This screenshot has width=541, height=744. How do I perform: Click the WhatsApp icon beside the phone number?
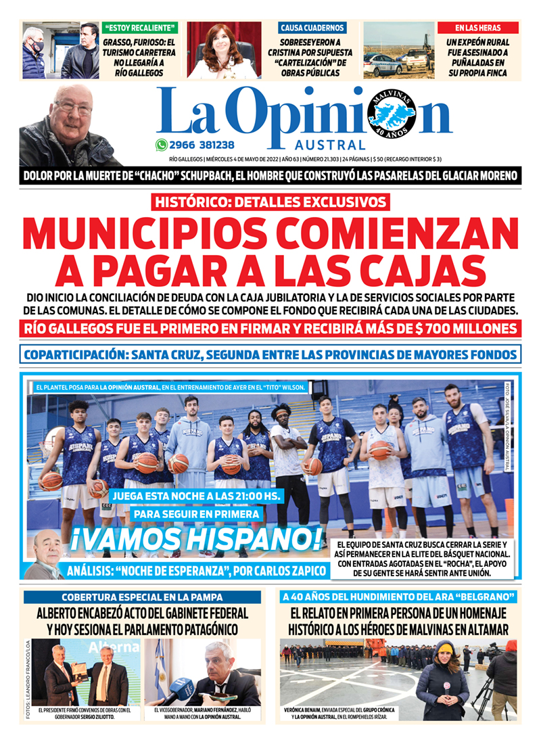point(161,145)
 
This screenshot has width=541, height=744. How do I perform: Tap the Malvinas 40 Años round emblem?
point(392,112)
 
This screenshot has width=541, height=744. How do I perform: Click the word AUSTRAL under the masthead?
point(330,145)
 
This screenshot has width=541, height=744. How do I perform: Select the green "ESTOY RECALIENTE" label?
point(141,28)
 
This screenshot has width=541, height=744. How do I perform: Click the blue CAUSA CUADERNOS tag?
point(312,28)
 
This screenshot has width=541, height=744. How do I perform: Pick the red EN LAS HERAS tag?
point(477,28)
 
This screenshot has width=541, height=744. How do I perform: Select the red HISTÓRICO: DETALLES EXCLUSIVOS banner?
point(270,202)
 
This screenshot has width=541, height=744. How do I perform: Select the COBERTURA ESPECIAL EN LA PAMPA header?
point(142,597)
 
